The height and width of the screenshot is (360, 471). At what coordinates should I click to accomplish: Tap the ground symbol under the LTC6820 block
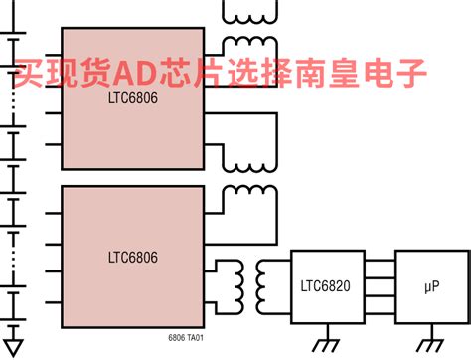click(325, 345)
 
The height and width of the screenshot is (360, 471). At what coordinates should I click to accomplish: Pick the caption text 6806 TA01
click(186, 338)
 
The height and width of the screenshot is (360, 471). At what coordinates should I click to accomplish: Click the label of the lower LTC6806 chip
click(132, 257)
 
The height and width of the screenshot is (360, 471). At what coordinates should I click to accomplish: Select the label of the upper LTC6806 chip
click(132, 98)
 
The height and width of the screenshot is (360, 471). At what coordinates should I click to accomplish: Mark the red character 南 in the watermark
click(305, 72)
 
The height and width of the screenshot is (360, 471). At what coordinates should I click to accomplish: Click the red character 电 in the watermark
click(376, 72)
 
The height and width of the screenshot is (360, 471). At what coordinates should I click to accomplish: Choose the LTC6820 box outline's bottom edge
click(327, 319)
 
